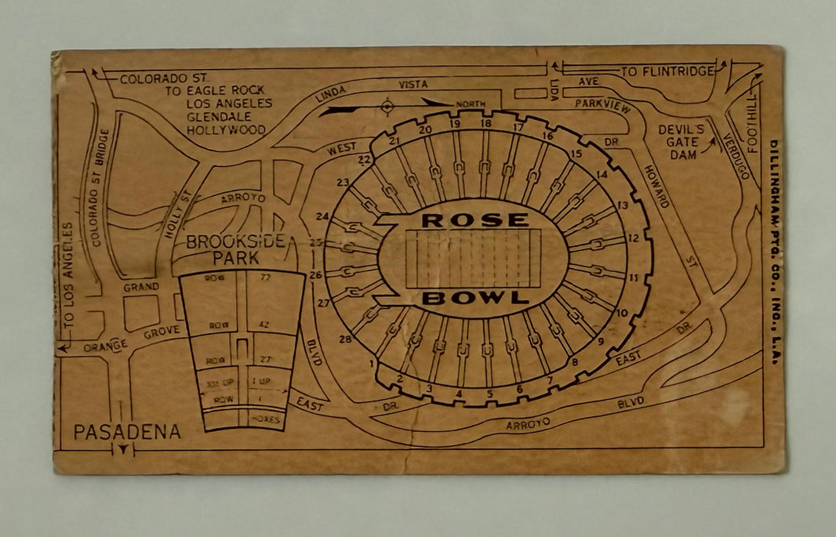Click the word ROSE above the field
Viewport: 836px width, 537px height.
(x=475, y=220)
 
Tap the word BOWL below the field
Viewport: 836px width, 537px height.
(x=475, y=298)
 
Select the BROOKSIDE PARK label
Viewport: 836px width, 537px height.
(x=235, y=249)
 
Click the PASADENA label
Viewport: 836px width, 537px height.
(x=128, y=431)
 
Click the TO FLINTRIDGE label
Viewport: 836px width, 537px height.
(x=667, y=71)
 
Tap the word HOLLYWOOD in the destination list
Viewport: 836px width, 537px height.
(x=227, y=130)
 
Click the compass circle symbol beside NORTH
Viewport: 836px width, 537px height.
(x=387, y=106)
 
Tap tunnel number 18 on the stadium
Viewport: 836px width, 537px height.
(x=485, y=123)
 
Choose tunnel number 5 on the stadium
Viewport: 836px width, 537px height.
(x=489, y=394)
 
